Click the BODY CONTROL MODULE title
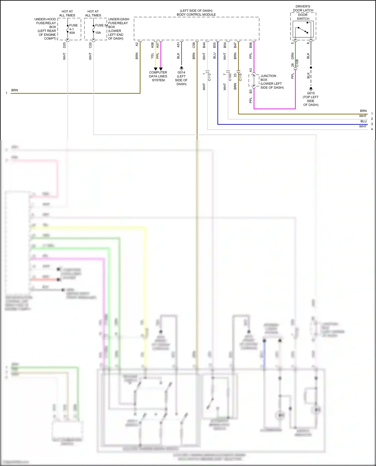click(x=196, y=15)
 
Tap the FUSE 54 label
click(x=101, y=25)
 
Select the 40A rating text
click(x=72, y=33)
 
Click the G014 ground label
click(x=181, y=72)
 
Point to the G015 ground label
click(x=311, y=93)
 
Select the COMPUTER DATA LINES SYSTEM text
click(x=158, y=76)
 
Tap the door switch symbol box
click(x=303, y=29)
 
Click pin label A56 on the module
click(x=152, y=45)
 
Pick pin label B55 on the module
click(x=215, y=45)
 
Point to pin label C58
click(x=194, y=45)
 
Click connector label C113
click(x=209, y=77)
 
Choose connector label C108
click(x=297, y=63)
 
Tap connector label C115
click(x=240, y=77)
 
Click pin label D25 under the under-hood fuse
click(x=64, y=45)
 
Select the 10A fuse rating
click(x=98, y=33)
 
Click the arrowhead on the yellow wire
click(x=155, y=69)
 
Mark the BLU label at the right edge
click(x=363, y=121)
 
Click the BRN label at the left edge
click(x=15, y=90)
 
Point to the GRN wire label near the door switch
click(x=293, y=56)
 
